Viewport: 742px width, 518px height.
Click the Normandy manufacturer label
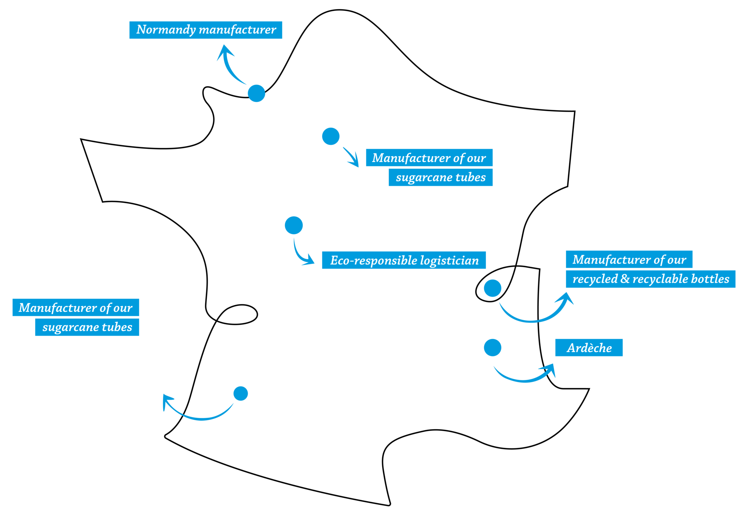click(206, 30)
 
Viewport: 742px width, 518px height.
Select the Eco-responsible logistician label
click(404, 260)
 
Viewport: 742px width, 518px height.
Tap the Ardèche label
click(589, 348)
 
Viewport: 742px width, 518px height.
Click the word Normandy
click(166, 30)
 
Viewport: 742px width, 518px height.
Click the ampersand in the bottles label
click(625, 279)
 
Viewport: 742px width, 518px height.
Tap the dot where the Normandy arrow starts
click(256, 93)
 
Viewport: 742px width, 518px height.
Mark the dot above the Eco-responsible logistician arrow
click(294, 225)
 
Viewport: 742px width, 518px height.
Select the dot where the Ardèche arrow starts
click(492, 348)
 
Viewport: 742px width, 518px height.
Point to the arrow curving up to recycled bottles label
click(537, 315)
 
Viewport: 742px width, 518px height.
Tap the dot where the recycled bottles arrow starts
click(492, 288)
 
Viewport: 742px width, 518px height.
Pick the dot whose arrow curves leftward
click(240, 394)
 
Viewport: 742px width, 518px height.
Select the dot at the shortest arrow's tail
click(331, 136)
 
